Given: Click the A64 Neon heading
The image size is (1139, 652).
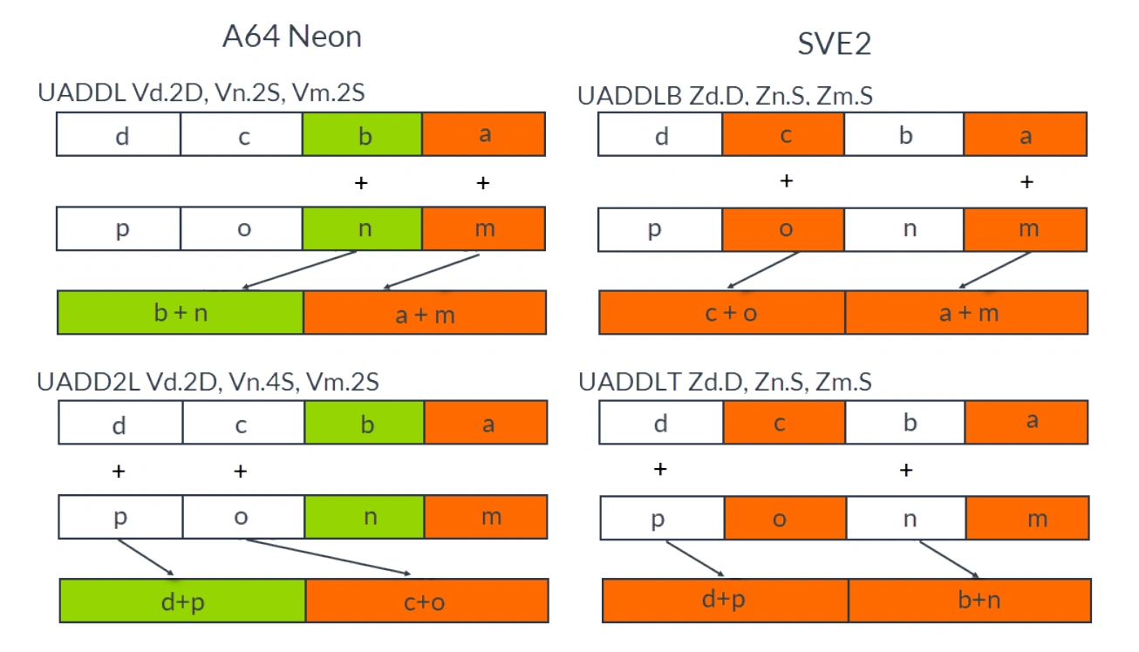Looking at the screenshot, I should coord(291,37).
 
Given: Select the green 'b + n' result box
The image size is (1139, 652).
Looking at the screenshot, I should coord(181,313).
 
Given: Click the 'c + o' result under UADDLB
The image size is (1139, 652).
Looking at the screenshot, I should coord(722,313).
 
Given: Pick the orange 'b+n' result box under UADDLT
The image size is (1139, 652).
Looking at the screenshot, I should coord(969,601).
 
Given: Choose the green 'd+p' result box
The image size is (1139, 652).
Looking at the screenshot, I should coord(182,601).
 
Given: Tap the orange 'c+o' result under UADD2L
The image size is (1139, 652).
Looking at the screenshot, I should coord(426,601).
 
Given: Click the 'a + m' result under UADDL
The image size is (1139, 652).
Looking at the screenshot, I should coord(425,313).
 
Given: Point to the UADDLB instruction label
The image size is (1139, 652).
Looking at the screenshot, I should coord(725,96).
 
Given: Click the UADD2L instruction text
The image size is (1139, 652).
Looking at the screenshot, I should coord(208,381).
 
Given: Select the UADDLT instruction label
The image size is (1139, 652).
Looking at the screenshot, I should coord(724,381).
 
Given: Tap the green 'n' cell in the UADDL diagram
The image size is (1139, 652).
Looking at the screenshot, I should coord(362,228).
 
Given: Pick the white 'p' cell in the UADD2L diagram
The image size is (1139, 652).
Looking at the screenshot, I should coord(120,517).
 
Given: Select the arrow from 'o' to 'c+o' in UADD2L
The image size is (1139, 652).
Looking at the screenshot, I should coord(328,557).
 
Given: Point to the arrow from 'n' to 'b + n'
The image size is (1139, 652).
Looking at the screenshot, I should coord(301,270).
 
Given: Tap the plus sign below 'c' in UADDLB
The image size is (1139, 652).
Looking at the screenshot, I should coord(786,181).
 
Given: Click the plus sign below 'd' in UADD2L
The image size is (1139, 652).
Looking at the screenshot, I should coord(119,472).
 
